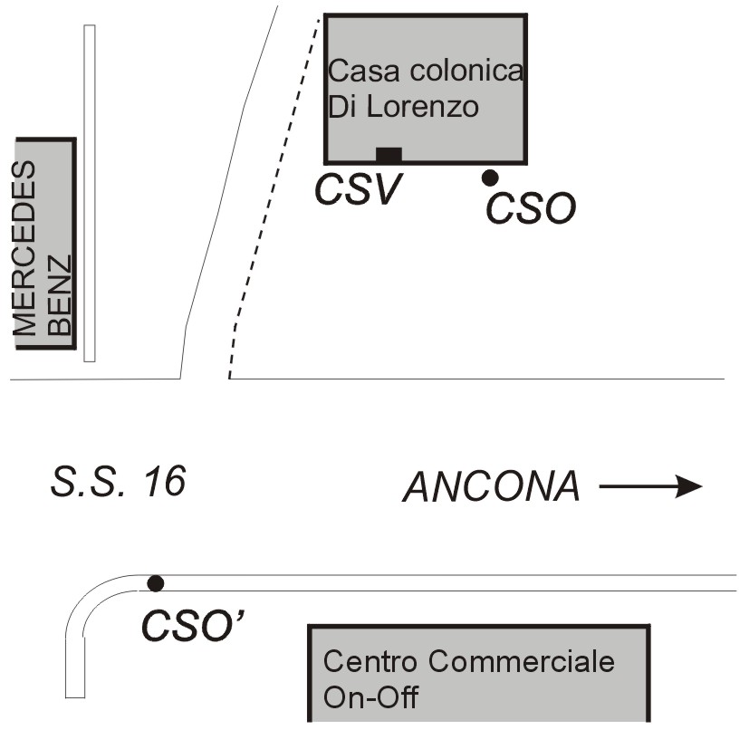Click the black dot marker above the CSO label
(x=490, y=178)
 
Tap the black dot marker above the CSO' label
(x=155, y=583)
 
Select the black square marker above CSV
(x=389, y=155)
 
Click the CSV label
(x=359, y=189)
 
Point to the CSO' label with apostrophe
(x=193, y=625)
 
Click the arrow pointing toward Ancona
(x=650, y=486)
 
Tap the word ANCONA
(x=492, y=486)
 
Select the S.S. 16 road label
(x=118, y=481)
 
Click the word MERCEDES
(x=24, y=248)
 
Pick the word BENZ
(x=59, y=294)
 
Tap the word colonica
(x=466, y=71)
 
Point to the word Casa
(x=363, y=71)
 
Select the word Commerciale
(x=521, y=661)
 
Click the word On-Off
(x=370, y=697)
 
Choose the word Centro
(x=370, y=661)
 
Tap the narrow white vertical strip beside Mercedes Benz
(x=90, y=193)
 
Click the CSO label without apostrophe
(x=531, y=208)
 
